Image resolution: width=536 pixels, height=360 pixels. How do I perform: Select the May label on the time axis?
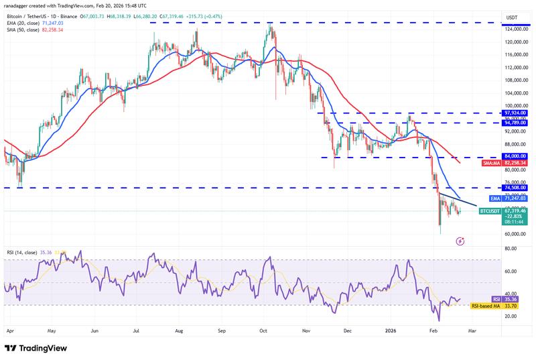pyautogui.click(x=51, y=331)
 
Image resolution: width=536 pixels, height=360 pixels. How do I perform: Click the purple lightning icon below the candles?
pyautogui.click(x=460, y=240)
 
